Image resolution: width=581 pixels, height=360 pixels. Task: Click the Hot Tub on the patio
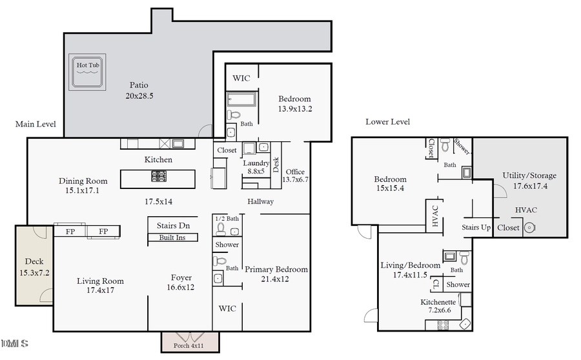point(88,71)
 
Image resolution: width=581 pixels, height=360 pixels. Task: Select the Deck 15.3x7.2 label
point(34,267)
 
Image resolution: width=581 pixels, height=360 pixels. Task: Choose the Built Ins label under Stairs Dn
point(173,238)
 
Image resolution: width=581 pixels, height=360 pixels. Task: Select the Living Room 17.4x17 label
point(100,286)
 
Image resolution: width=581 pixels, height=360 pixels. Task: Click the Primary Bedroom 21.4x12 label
point(276,274)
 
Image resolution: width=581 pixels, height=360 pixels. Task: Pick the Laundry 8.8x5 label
point(256,168)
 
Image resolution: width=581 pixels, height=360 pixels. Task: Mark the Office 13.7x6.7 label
point(295,175)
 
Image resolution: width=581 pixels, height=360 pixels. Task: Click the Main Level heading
point(36,124)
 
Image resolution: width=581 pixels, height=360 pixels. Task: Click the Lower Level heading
point(387,122)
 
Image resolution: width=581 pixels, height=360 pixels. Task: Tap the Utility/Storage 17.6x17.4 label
point(529,180)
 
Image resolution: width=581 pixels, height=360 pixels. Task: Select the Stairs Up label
point(476,228)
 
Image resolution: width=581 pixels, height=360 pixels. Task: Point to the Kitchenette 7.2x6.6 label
point(438,306)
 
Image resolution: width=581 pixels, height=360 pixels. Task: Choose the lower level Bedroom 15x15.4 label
point(391,184)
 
